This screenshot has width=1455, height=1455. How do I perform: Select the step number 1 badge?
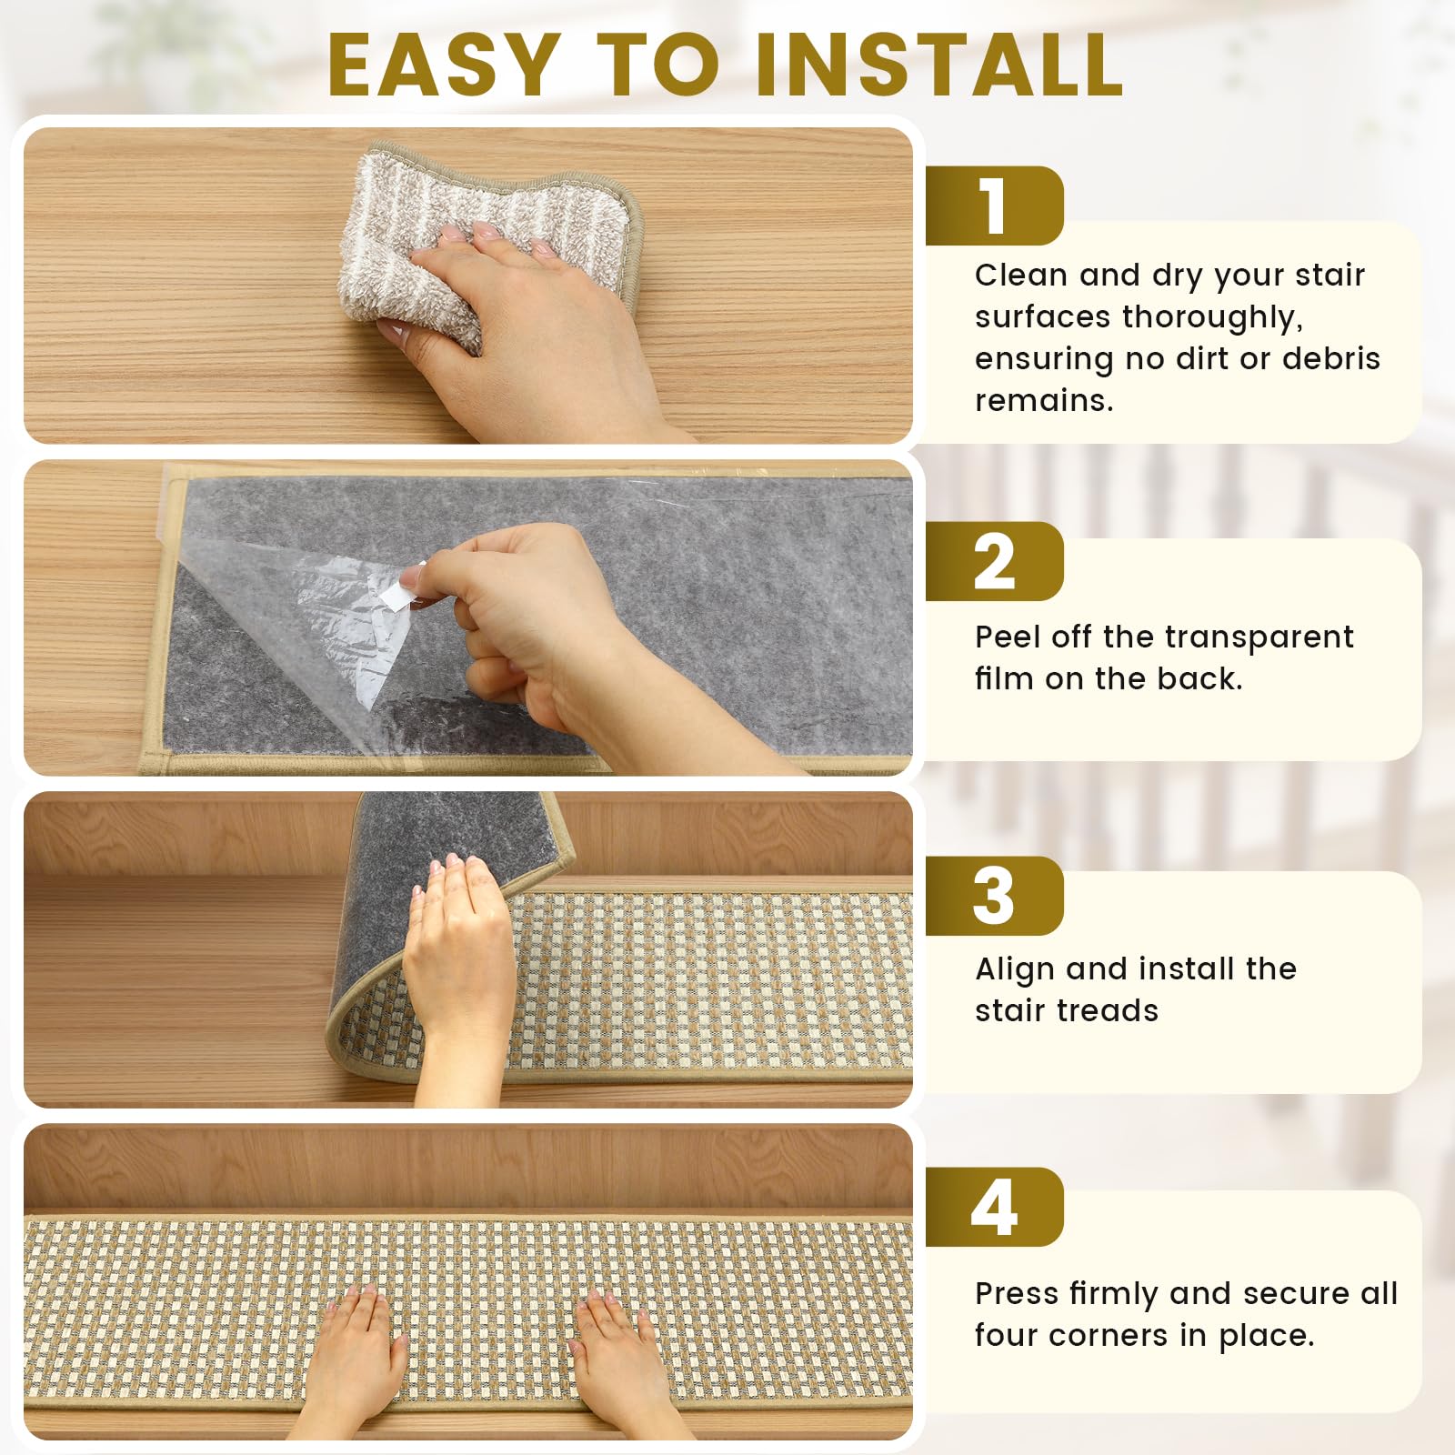pyautogui.click(x=994, y=206)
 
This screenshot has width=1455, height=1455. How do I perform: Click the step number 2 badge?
pyautogui.click(x=994, y=561)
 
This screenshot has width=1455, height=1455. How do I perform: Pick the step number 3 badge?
pyautogui.click(x=994, y=896)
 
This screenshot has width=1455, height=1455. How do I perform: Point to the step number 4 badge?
pyautogui.click(x=994, y=1207)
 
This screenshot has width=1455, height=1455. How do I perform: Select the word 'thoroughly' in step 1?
pyautogui.click(x=1212, y=318)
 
